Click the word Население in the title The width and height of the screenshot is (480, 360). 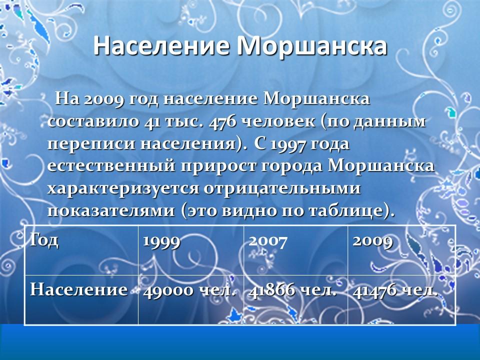coord(161,46)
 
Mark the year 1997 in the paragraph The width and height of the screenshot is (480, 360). coord(288,144)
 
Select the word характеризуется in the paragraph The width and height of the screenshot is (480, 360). coord(118,189)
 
